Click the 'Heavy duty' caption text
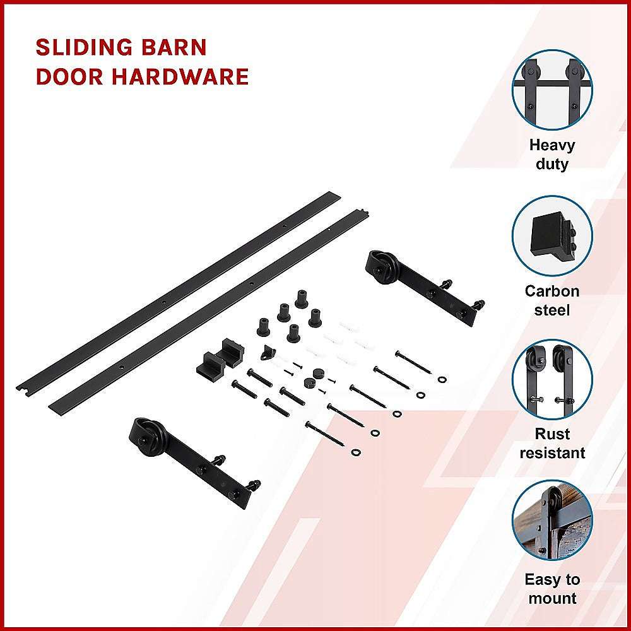click(552, 155)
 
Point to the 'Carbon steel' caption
click(552, 300)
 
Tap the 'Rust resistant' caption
click(552, 444)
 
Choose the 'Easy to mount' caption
click(552, 589)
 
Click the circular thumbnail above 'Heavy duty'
click(552, 90)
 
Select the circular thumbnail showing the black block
click(552, 235)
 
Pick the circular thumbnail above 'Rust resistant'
click(552, 379)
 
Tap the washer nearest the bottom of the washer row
click(357, 452)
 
